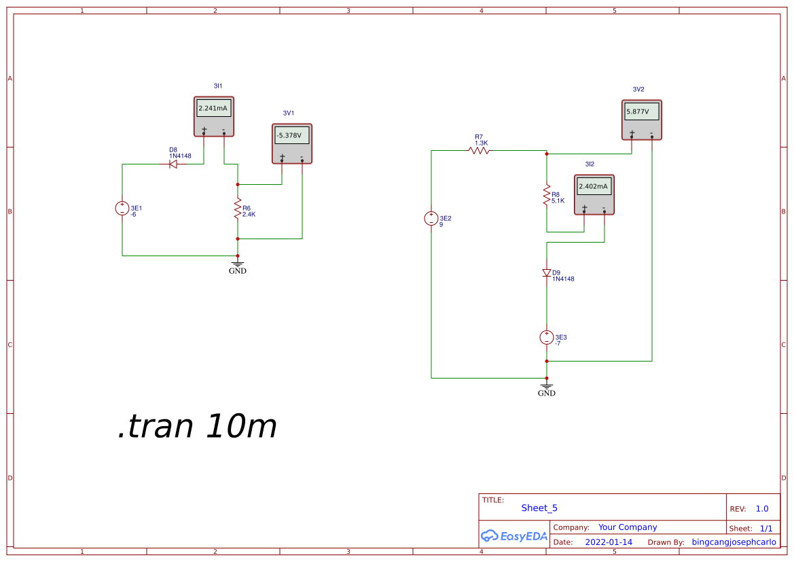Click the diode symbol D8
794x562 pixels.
(x=173, y=164)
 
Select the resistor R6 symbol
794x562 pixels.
(x=238, y=210)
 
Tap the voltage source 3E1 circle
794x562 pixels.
(x=122, y=209)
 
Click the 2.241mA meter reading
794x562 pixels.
(x=213, y=108)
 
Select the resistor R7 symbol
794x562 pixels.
(x=480, y=151)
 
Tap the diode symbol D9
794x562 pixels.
(x=547, y=273)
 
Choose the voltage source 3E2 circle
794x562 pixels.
(x=431, y=219)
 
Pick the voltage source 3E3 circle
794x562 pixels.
(x=547, y=338)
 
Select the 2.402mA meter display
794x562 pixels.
(x=594, y=187)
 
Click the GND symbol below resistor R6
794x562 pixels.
(x=238, y=266)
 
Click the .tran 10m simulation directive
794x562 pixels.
(x=198, y=427)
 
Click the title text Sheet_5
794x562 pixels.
(x=539, y=508)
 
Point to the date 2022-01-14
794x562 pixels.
(x=609, y=542)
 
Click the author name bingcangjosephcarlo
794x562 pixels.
(x=734, y=542)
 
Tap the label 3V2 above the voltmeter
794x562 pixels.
(x=638, y=90)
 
